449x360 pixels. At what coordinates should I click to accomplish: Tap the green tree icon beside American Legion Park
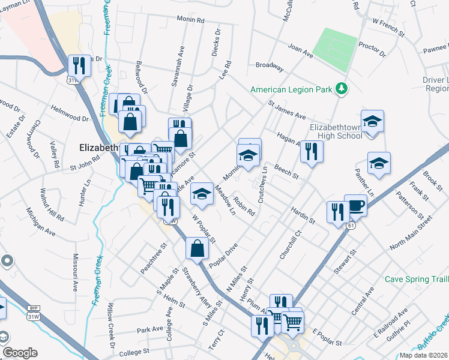point(342,89)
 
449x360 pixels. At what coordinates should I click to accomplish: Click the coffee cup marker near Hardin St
point(355,205)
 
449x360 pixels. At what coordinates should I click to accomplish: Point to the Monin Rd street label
point(191,20)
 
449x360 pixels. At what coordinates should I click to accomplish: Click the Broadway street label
point(269,65)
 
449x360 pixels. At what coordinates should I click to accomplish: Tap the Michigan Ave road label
point(41,222)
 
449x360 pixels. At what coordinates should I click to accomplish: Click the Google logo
point(20,353)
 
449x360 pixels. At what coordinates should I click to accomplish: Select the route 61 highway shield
point(349,226)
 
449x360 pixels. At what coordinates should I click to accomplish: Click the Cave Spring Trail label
point(416,279)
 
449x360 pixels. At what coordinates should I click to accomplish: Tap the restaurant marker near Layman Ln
point(79,65)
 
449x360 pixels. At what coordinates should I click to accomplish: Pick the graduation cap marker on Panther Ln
point(378,164)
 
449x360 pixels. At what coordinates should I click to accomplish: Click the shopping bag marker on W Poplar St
point(197,248)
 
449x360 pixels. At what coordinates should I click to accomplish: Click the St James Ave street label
point(287,109)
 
